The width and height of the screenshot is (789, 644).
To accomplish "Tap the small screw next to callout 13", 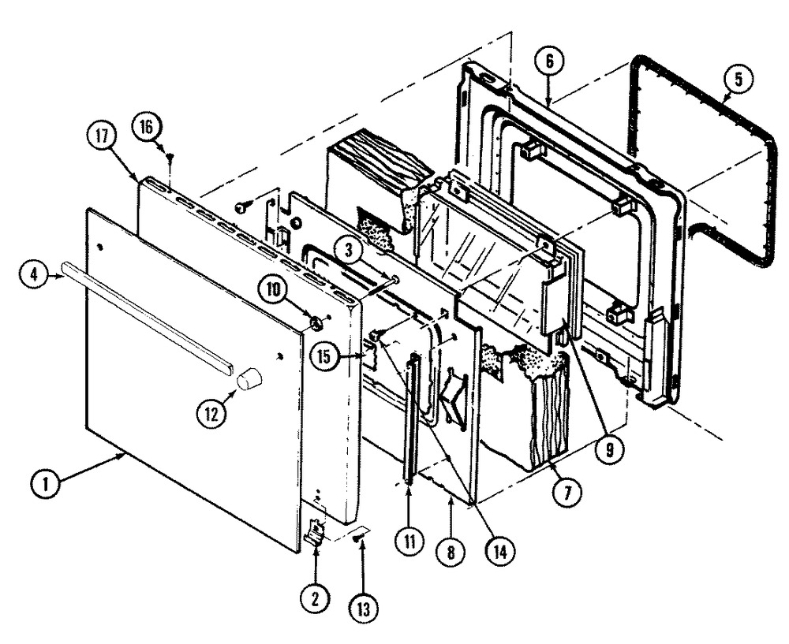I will [x=360, y=537].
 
